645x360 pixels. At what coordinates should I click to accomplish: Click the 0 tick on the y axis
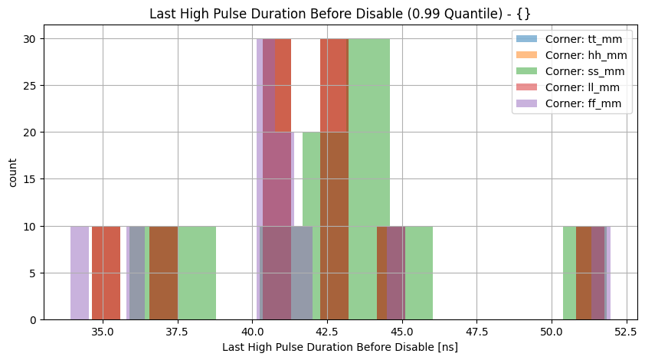coord(34,319)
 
